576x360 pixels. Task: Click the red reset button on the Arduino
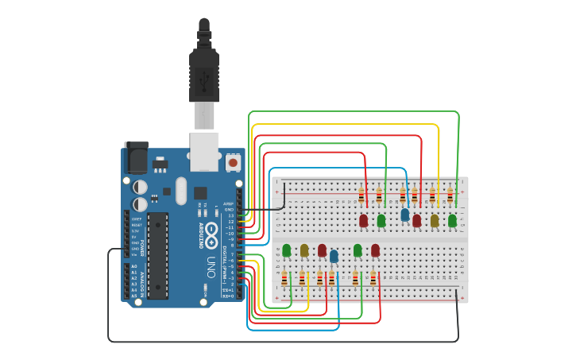pos(233,162)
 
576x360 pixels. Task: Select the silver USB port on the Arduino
pos(204,150)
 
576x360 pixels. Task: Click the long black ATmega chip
pos(158,255)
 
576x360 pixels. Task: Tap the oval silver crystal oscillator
pos(181,191)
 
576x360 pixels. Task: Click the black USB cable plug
pos(204,75)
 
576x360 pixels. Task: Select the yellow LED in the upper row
pos(435,220)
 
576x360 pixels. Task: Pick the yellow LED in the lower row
pos(304,250)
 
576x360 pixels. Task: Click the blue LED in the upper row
pos(405,215)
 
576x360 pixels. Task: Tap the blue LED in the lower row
pos(334,256)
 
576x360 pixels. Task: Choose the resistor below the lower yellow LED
pos(303,278)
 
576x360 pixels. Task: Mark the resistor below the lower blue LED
pos(332,278)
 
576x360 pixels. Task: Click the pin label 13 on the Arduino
pos(231,215)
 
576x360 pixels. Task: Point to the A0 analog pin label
pos(133,266)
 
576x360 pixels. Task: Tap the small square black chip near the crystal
pos(200,192)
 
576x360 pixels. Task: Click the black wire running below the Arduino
pos(278,342)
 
